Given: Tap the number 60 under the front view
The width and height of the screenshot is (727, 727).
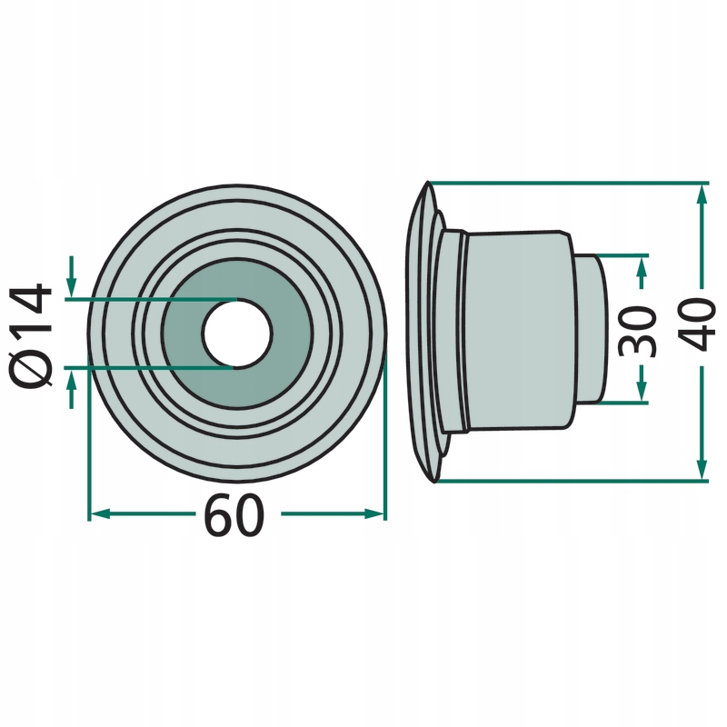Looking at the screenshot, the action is tap(235, 515).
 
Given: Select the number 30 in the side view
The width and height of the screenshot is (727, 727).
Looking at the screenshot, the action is tap(639, 331).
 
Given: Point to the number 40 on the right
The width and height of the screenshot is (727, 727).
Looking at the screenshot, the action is tap(699, 324).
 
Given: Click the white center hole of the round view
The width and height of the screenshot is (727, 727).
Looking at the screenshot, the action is tap(237, 334).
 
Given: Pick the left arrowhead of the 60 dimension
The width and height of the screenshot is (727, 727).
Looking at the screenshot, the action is tap(99, 513).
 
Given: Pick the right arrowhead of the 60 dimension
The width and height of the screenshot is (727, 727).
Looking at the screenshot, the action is tap(374, 513).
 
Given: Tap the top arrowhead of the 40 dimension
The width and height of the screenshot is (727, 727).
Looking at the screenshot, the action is tap(702, 194).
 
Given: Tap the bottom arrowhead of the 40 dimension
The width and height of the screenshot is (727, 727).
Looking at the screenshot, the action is tap(702, 469).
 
